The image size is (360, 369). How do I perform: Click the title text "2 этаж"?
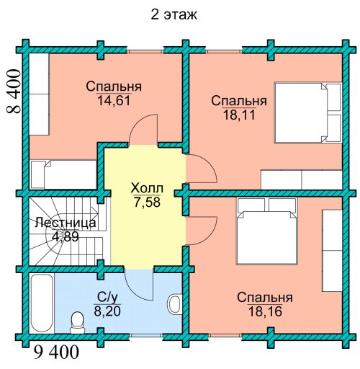[174, 15]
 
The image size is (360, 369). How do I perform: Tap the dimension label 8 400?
[14, 92]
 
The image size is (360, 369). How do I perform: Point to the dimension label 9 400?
[56, 352]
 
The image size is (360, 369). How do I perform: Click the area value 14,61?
[114, 100]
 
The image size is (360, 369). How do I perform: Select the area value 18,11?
[239, 115]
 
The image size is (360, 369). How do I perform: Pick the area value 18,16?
[265, 312]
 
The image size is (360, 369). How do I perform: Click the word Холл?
[147, 188]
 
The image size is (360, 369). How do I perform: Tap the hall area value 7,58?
[147, 202]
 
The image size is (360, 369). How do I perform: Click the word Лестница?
[66, 223]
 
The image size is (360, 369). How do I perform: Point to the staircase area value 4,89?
[66, 237]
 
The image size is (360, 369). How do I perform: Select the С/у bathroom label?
[107, 298]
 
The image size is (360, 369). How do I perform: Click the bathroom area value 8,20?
[107, 311]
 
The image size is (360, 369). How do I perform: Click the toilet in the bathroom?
[77, 323]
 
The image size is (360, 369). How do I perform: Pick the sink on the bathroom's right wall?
[175, 303]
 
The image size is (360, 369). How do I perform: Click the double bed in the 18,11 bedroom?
[307, 112]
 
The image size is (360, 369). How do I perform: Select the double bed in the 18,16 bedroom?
[266, 231]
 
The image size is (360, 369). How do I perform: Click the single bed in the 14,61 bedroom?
[63, 174]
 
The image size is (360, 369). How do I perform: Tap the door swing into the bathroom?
[139, 285]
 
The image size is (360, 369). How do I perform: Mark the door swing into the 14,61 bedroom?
[143, 129]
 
